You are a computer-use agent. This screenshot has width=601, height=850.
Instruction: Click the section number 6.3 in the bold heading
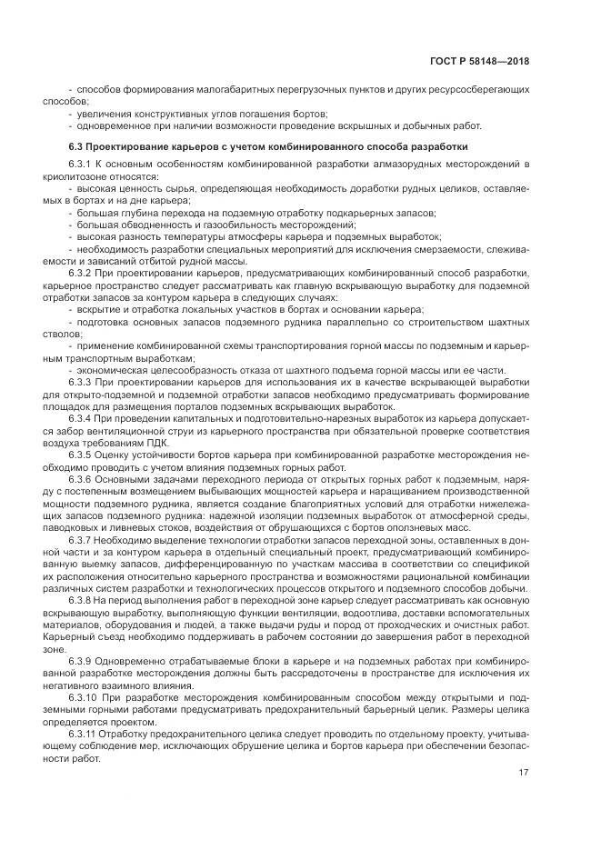pos(76,145)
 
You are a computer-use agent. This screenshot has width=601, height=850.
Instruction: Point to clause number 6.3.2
pos(82,271)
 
